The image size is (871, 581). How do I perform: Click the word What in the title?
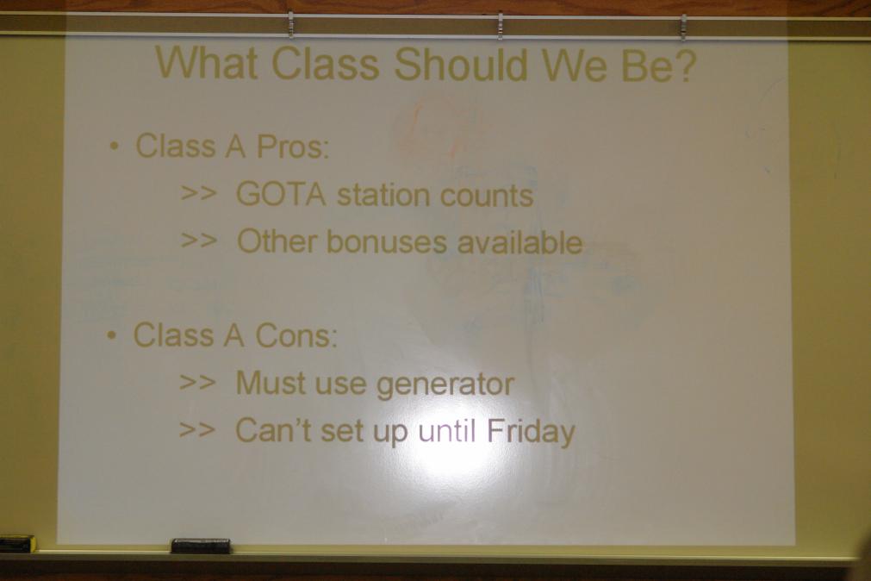(207, 63)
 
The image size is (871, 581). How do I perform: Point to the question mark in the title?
(684, 64)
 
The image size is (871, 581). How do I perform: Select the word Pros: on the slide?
(293, 147)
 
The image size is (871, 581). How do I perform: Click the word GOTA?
(281, 195)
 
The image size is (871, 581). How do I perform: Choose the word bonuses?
(386, 242)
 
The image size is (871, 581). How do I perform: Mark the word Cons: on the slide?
(296, 335)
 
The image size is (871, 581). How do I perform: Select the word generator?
(445, 384)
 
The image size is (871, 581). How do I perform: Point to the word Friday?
(531, 432)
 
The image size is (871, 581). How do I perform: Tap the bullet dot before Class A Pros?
(114, 147)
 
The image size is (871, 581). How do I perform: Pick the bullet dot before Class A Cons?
(112, 336)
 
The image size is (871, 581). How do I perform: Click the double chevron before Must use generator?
(198, 383)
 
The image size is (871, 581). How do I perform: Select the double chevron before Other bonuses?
(199, 241)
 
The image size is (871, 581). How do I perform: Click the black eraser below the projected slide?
(201, 546)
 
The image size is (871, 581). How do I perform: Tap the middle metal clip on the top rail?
(500, 25)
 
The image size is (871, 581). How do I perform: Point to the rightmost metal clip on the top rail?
(683, 26)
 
